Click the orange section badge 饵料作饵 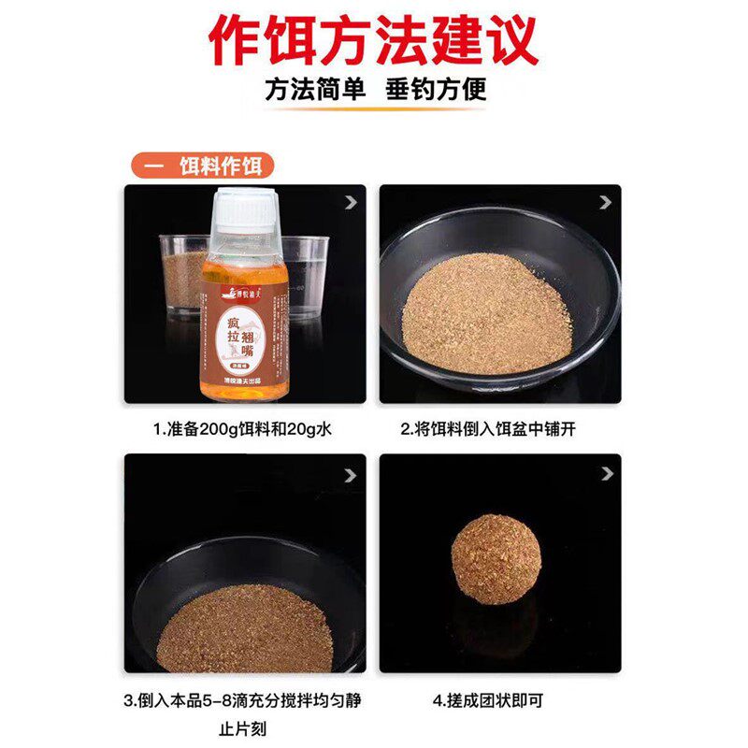click(x=203, y=165)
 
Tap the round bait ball click(x=496, y=559)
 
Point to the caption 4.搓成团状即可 click(x=499, y=699)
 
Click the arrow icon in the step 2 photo click(x=606, y=201)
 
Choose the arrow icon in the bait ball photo click(x=606, y=475)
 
